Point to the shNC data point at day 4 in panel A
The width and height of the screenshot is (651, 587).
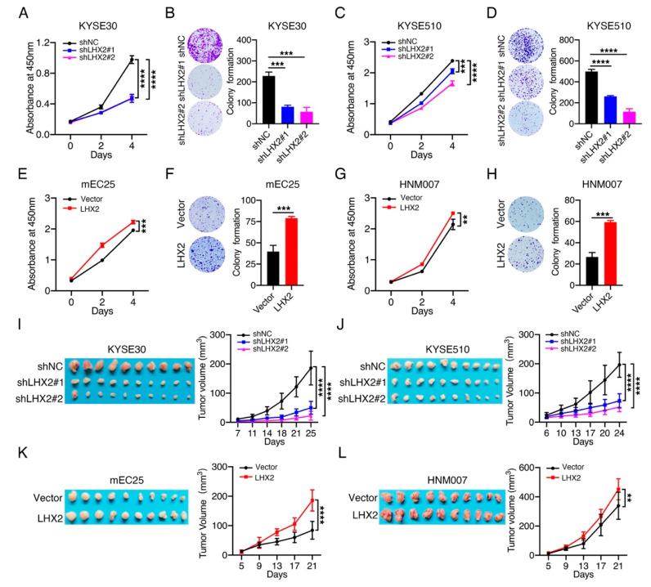coord(131,59)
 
